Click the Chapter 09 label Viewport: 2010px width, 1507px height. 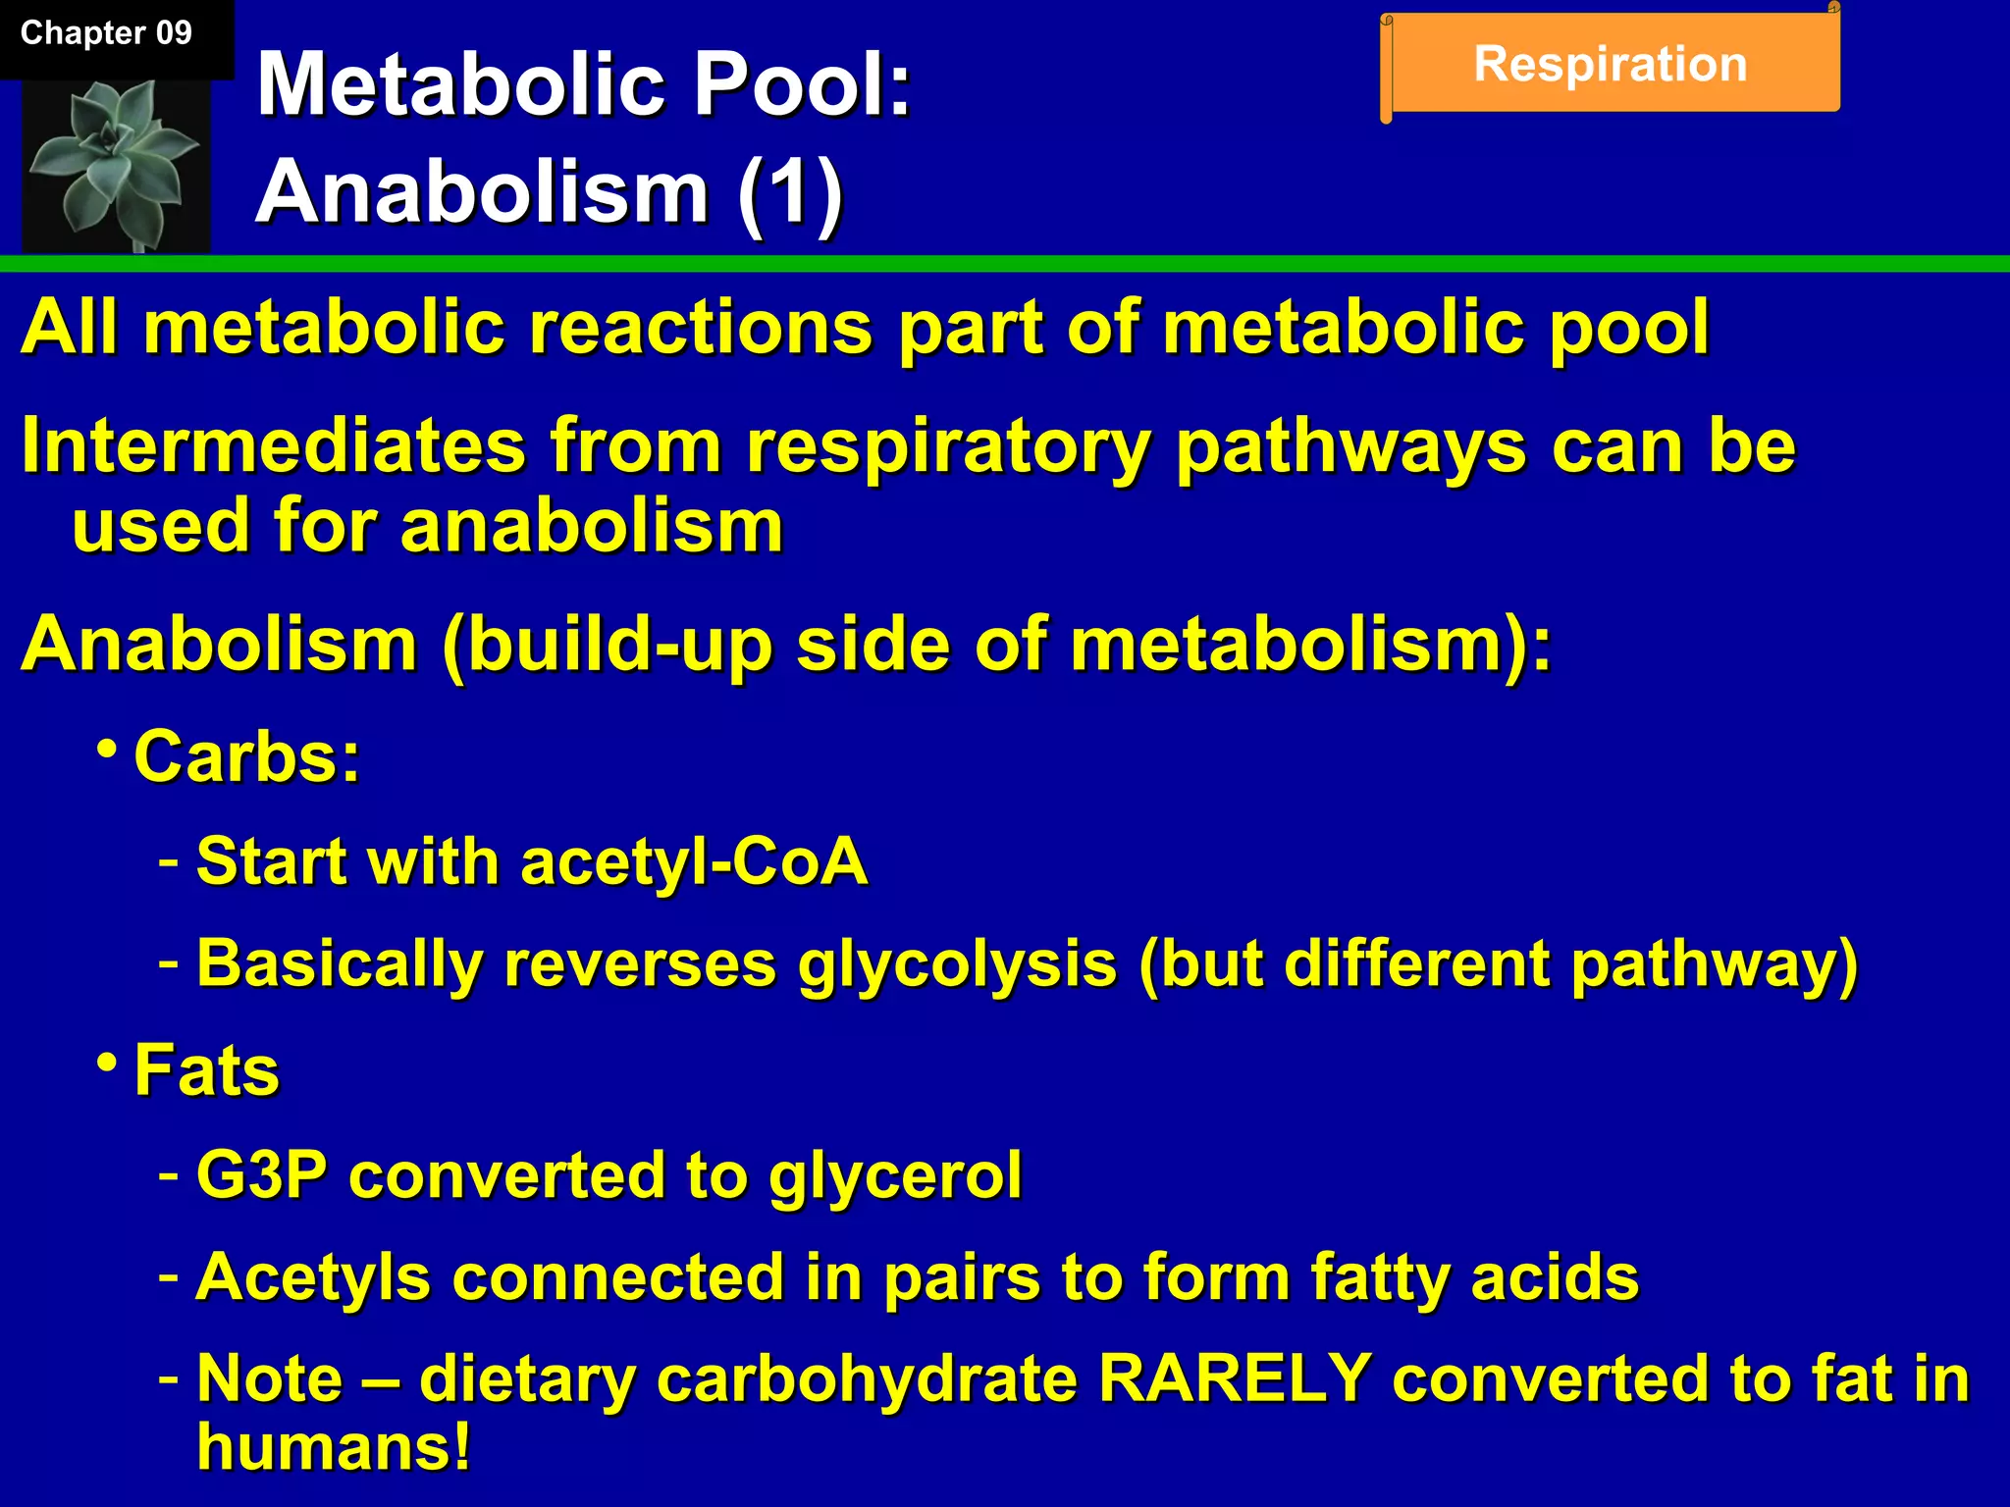point(106,33)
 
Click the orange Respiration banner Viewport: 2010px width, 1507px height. point(1611,65)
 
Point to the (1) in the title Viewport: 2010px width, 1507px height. point(790,191)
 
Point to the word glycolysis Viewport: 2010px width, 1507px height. point(957,964)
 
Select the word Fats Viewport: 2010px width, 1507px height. point(207,1069)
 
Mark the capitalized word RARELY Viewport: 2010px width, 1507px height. point(1235,1378)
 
